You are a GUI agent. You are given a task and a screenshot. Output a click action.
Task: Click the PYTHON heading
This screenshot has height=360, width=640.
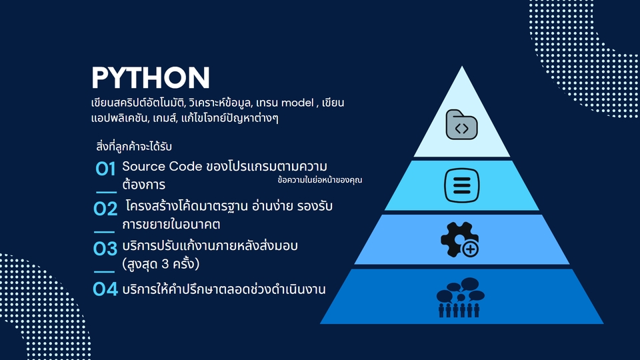(x=151, y=78)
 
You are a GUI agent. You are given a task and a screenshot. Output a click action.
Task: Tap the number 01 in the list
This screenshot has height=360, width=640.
(x=106, y=169)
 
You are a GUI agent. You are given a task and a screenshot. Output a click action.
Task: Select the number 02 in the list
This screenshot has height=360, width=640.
(x=106, y=209)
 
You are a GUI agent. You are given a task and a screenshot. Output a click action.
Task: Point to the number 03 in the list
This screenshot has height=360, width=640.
(x=106, y=249)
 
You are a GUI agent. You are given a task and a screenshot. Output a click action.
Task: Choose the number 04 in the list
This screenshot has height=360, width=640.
(x=106, y=289)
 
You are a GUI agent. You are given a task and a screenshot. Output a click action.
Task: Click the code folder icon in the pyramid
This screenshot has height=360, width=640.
(x=461, y=124)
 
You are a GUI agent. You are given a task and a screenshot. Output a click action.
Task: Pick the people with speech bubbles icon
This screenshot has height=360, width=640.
(x=461, y=297)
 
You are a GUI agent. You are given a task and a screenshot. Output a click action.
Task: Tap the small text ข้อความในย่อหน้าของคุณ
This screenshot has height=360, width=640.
(x=320, y=179)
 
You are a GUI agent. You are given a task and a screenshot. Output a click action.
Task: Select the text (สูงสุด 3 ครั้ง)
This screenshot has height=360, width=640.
(x=161, y=264)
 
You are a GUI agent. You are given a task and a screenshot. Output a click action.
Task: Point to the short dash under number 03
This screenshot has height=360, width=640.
(x=104, y=271)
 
